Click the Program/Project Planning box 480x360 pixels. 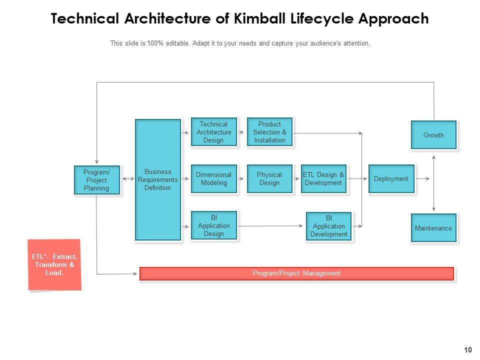tap(97, 180)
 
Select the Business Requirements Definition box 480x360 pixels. tap(157, 180)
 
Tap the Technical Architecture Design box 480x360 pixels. tap(213, 132)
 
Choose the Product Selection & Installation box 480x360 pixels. tap(269, 132)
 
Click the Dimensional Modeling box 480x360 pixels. tap(213, 179)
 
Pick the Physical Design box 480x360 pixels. tap(269, 179)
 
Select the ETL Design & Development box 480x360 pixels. tap(323, 179)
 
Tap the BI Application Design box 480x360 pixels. tap(213, 226)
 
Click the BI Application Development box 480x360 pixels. tap(329, 226)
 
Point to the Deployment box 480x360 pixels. tap(391, 179)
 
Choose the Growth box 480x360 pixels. tap(433, 135)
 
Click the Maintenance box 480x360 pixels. tap(433, 228)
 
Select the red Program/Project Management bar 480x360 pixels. tap(296, 273)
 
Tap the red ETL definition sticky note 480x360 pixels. tap(54, 265)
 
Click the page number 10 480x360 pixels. tap(468, 350)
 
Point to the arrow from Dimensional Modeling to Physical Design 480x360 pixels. tap(242, 178)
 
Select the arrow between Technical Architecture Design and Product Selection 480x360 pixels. tap(242, 132)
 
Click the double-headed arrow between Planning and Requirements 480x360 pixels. tap(127, 178)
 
